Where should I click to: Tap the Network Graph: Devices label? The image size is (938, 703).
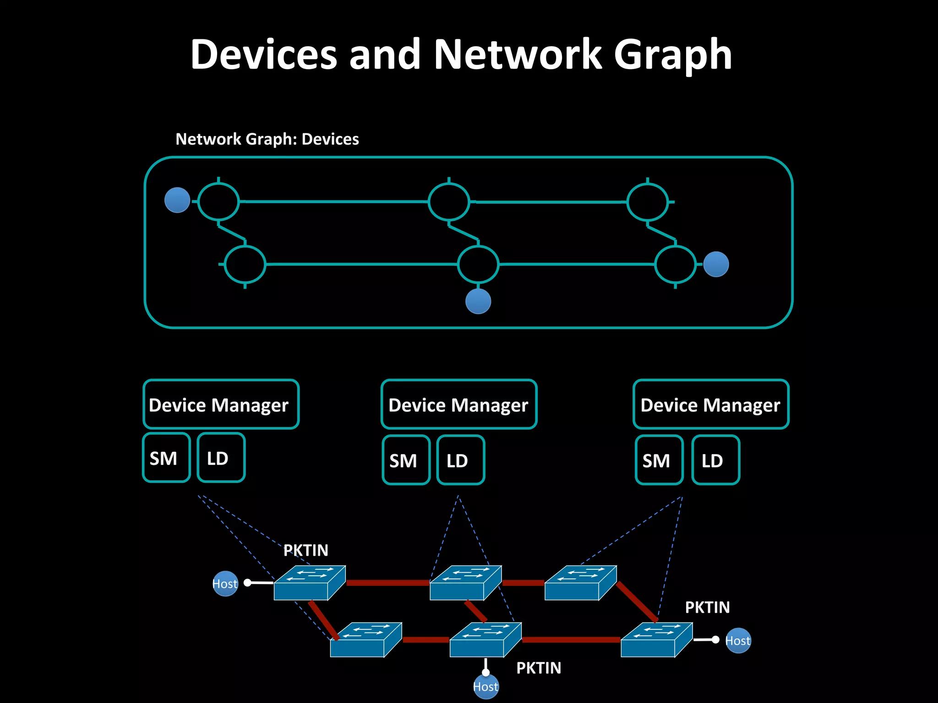pyautogui.click(x=267, y=139)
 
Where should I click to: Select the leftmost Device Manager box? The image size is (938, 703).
pyautogui.click(x=221, y=405)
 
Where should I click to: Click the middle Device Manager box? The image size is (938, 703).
pyautogui.click(x=458, y=405)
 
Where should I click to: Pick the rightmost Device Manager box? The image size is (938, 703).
pyautogui.click(x=710, y=405)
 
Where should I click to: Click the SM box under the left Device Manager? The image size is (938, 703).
pyautogui.click(x=166, y=458)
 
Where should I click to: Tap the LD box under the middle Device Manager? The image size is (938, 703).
pyautogui.click(x=460, y=460)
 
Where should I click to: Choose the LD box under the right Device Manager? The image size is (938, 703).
pyautogui.click(x=715, y=460)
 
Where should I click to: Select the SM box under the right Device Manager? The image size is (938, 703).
pyautogui.click(x=659, y=460)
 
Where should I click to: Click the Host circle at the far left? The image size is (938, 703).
pyautogui.click(x=225, y=584)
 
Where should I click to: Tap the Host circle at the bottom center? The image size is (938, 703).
pyautogui.click(x=485, y=687)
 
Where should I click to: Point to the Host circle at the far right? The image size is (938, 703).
pyautogui.click(x=738, y=640)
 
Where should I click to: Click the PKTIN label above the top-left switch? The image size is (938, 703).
pyautogui.click(x=305, y=550)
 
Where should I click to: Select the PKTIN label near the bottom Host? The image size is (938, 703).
pyautogui.click(x=539, y=668)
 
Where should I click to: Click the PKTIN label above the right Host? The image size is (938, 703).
pyautogui.click(x=707, y=607)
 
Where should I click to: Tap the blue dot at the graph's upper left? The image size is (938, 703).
pyautogui.click(x=177, y=200)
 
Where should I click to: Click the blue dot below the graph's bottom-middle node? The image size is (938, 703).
pyautogui.click(x=478, y=301)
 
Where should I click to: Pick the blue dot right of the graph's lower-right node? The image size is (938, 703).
pyautogui.click(x=716, y=264)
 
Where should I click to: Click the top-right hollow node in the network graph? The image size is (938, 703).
pyautogui.click(x=647, y=201)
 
